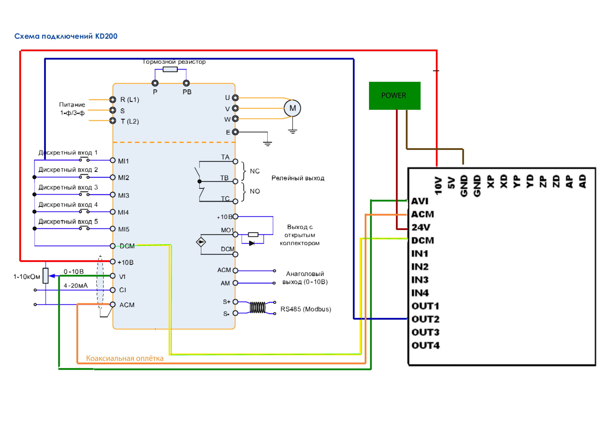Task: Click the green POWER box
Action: coord(394,96)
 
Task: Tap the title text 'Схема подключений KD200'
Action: coord(66,36)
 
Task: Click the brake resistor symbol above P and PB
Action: coord(170,69)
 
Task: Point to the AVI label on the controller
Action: coord(420,201)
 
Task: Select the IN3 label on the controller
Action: coord(420,280)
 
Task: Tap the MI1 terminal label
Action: coord(123,161)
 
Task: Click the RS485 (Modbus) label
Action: coord(306,309)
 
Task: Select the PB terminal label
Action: coord(187,92)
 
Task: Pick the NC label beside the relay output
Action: coord(255,171)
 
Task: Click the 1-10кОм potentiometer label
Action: coord(27,277)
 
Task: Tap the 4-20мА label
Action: coord(76,286)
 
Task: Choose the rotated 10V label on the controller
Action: coord(438,186)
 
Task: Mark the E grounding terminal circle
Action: coord(235,132)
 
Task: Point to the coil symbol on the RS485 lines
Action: coord(258,308)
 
